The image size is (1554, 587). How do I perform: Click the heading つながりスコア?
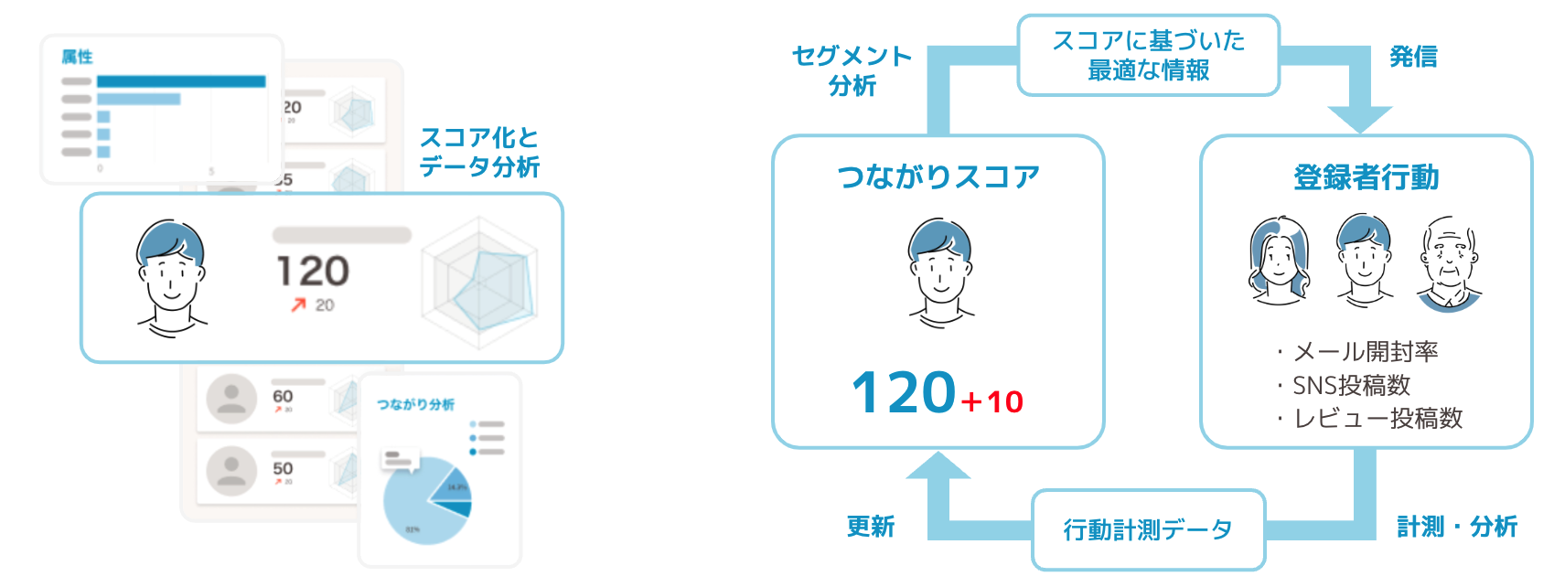click(938, 176)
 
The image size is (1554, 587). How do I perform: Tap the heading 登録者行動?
click(1366, 177)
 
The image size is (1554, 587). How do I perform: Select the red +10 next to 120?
click(992, 401)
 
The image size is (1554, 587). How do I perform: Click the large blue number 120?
click(904, 393)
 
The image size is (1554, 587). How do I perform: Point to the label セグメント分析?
click(852, 70)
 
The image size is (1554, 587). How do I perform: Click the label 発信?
click(1413, 57)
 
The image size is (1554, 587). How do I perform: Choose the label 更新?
click(870, 527)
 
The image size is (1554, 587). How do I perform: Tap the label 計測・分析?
click(1456, 527)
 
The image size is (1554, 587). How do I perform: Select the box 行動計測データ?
click(1148, 529)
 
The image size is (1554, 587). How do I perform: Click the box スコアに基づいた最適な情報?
click(1148, 55)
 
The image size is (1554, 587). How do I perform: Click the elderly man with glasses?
click(1449, 263)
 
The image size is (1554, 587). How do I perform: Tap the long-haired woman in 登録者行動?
click(1279, 261)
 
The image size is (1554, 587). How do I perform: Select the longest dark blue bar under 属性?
click(181, 81)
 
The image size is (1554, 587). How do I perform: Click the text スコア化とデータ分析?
click(479, 152)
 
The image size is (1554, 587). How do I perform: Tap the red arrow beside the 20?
click(298, 305)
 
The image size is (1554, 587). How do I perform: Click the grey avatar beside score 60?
click(231, 399)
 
